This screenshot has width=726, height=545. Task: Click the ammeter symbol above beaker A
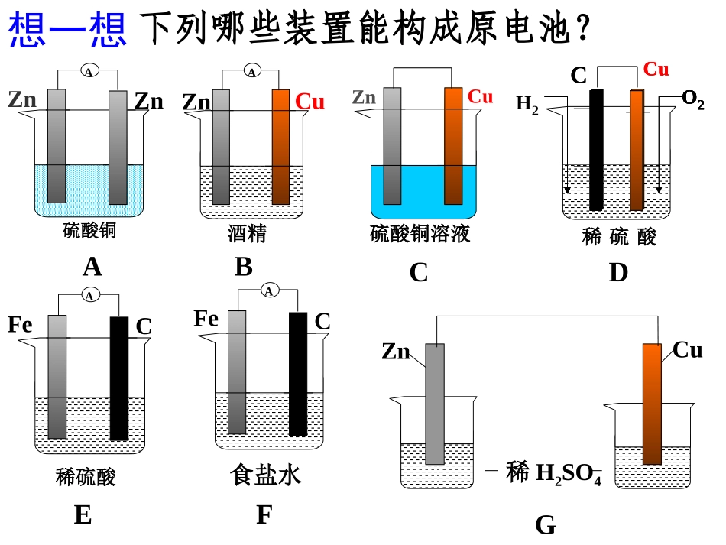(89, 72)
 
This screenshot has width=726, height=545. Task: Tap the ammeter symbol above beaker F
(269, 290)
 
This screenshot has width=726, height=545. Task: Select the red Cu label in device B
(310, 102)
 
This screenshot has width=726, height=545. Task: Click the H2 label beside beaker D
(527, 104)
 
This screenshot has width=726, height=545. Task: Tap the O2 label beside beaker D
(692, 99)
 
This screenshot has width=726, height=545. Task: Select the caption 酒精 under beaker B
(247, 233)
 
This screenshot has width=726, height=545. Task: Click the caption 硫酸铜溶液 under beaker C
(420, 233)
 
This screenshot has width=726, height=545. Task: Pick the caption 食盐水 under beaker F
(265, 475)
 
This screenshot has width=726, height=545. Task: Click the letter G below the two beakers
(545, 525)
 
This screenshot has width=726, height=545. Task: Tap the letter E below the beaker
(83, 515)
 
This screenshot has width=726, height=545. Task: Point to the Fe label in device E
(20, 324)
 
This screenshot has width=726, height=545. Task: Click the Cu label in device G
(687, 350)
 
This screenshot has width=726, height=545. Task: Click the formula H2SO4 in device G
(568, 474)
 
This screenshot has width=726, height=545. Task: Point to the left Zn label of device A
(22, 99)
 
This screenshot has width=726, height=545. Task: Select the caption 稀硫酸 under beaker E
(86, 478)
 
